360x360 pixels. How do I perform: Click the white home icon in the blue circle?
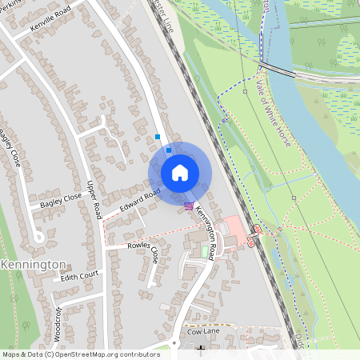pyautogui.click(x=180, y=173)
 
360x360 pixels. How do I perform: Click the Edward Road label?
pyautogui.click(x=142, y=200)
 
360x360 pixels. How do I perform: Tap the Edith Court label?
pyautogui.click(x=78, y=275)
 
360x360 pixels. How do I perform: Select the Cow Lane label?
pyautogui.click(x=202, y=330)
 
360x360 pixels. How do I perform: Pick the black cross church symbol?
pyautogui.click(x=201, y=349)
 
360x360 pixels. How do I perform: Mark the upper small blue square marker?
pyautogui.click(x=158, y=137)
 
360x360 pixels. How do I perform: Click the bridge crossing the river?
pyautogui.click(x=276, y=70)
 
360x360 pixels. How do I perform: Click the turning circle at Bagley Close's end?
pyautogui.click(x=37, y=236)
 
